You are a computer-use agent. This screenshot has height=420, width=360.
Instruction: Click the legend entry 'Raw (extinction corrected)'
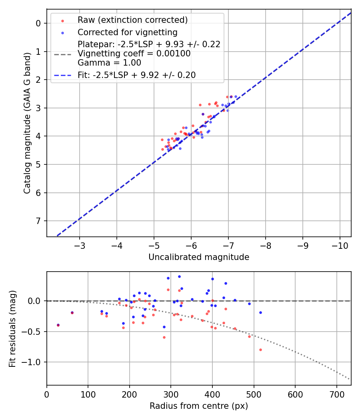click(x=132, y=20)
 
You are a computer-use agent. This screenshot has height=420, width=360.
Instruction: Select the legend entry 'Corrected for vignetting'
click(x=128, y=32)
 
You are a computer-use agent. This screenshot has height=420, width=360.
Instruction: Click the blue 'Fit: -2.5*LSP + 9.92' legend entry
click(x=136, y=75)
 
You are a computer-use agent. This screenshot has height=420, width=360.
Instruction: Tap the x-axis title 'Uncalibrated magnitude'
click(x=199, y=257)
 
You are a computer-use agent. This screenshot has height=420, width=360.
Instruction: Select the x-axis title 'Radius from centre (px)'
click(x=199, y=406)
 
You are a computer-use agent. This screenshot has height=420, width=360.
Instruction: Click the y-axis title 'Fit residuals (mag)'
click(x=12, y=329)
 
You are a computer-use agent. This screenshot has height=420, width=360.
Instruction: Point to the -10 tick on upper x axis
click(x=340, y=245)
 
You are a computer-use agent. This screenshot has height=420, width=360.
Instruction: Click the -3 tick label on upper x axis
click(x=80, y=245)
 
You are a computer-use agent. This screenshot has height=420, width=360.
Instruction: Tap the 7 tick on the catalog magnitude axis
click(x=39, y=221)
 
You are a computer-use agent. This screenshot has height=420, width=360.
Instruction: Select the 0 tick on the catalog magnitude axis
click(x=39, y=23)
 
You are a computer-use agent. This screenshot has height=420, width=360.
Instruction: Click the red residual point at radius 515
click(x=260, y=350)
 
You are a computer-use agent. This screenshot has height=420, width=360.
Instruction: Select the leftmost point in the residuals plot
click(x=58, y=325)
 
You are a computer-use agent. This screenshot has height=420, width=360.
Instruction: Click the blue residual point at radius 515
click(x=260, y=312)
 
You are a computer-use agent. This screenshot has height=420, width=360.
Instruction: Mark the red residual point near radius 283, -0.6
click(x=164, y=337)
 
